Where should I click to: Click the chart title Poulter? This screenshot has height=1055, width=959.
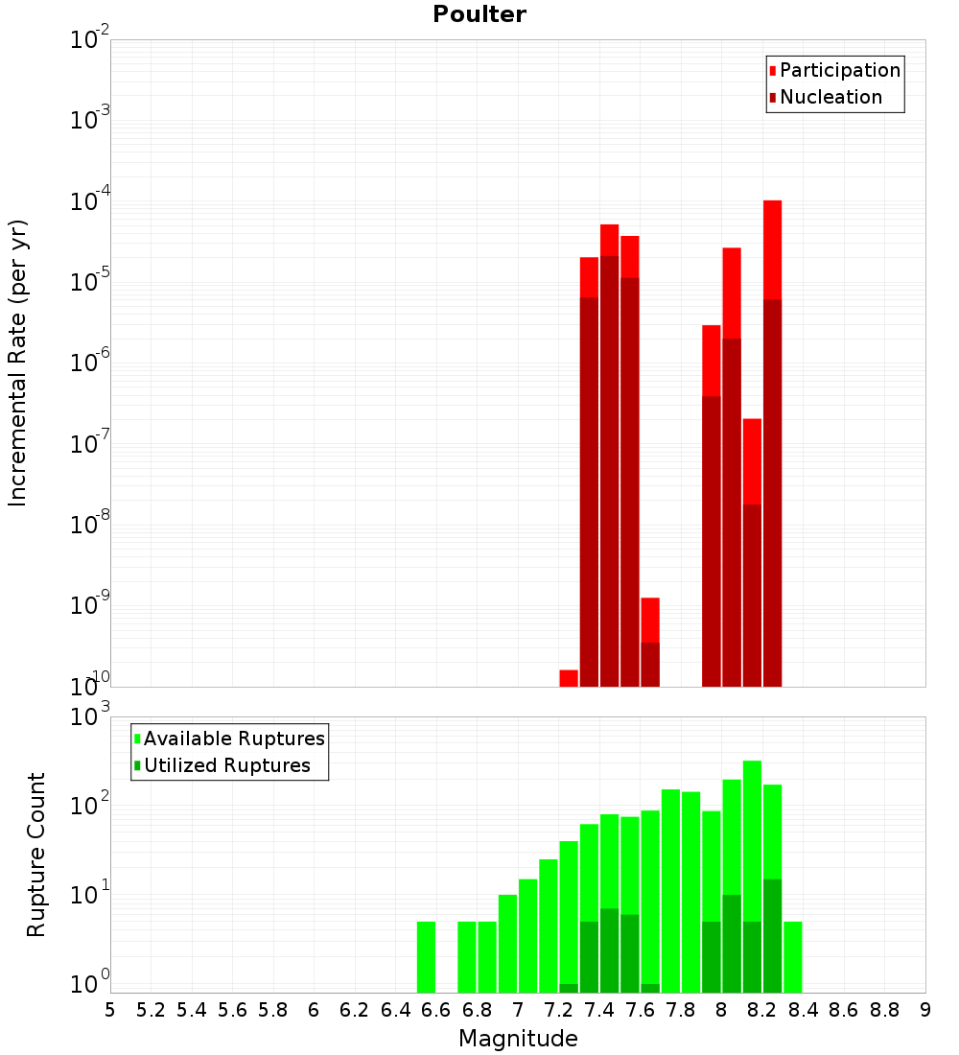pyautogui.click(x=479, y=14)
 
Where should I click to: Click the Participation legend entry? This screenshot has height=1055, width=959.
pyautogui.click(x=839, y=70)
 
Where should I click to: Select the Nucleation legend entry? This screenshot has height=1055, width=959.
pyautogui.click(x=830, y=97)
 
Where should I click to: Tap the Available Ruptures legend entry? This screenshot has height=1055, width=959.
pyautogui.click(x=233, y=738)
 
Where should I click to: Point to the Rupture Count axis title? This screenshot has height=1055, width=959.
pyautogui.click(x=36, y=855)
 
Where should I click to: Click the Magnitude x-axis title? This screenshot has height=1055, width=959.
pyautogui.click(x=518, y=1039)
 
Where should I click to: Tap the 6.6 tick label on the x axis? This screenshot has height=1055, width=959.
pyautogui.click(x=436, y=1010)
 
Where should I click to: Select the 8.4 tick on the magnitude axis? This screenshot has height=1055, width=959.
pyautogui.click(x=804, y=1010)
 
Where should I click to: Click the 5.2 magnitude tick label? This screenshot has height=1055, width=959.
pyautogui.click(x=152, y=1010)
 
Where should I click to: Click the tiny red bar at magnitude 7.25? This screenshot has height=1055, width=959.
pyautogui.click(x=569, y=678)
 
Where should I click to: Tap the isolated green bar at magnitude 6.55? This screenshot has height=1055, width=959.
pyautogui.click(x=427, y=956)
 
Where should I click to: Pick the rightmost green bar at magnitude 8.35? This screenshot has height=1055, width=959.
pyautogui.click(x=793, y=956)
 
